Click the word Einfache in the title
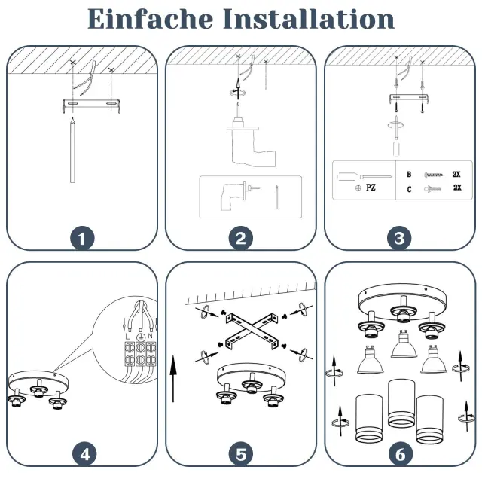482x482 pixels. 151,19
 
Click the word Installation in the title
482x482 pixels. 308,19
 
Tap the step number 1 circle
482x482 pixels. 82,238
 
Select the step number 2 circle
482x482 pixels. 241,238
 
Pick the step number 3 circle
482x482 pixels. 399,238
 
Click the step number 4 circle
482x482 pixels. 84,454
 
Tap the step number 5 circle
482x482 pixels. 241,454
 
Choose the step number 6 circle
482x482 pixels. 400,454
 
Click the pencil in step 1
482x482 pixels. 72,151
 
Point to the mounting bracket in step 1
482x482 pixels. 91,105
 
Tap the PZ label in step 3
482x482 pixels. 371,188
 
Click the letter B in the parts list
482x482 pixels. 409,174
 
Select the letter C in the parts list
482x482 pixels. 409,189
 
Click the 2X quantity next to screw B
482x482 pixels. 456,174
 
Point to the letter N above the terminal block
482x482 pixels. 150,336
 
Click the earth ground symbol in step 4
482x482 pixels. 140,337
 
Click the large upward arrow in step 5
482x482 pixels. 173,379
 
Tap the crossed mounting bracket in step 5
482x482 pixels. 252,331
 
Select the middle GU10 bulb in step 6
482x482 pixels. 404,344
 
